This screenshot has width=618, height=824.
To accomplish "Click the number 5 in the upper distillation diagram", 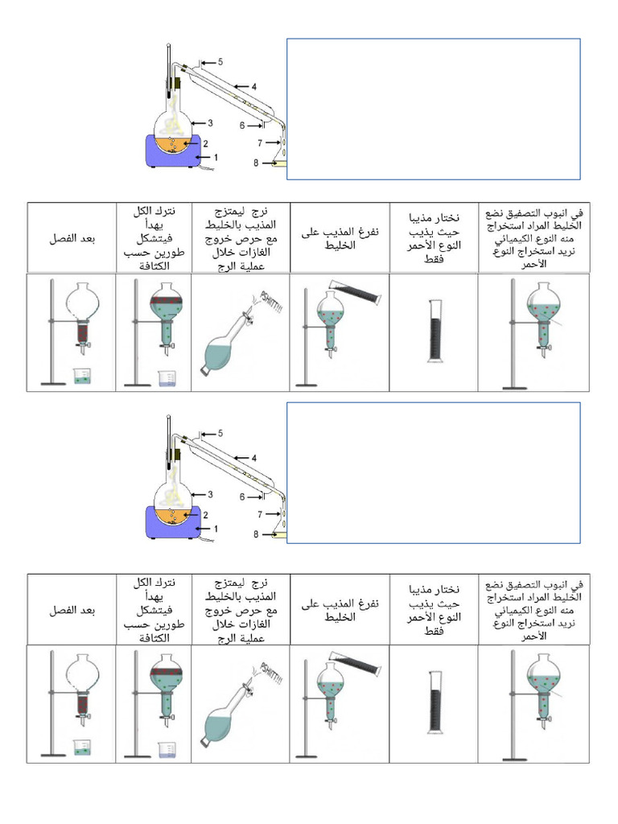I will [220, 62].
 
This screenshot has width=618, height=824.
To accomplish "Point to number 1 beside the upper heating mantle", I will [216, 157].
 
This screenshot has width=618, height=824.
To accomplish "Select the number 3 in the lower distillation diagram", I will [210, 494].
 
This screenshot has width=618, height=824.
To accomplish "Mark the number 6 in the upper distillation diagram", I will [242, 125].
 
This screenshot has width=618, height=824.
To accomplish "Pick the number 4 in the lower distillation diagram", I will [253, 458].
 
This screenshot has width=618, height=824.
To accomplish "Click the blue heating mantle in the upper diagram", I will [174, 152].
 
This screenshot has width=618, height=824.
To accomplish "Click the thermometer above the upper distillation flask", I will [170, 68].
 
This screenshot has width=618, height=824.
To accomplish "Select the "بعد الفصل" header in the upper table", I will [71, 239].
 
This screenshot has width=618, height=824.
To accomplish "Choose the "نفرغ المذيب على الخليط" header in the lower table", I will [340, 611].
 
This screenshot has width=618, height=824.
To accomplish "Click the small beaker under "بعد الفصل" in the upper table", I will [81, 377].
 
